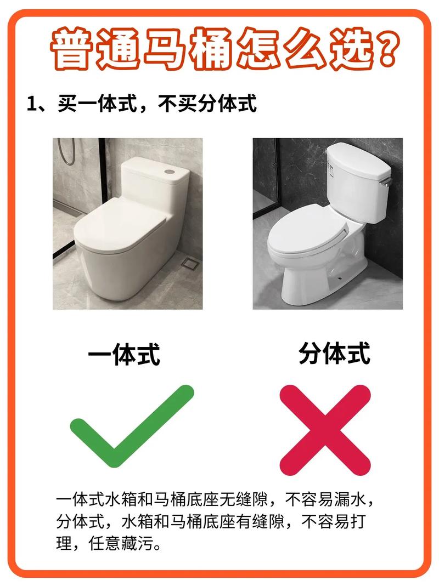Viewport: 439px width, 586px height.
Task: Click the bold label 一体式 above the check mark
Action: [x=124, y=355]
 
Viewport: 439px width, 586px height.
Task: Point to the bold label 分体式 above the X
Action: [x=335, y=353]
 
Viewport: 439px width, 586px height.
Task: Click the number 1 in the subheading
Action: [x=32, y=104]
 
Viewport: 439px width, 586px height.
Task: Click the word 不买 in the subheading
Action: [x=173, y=104]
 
